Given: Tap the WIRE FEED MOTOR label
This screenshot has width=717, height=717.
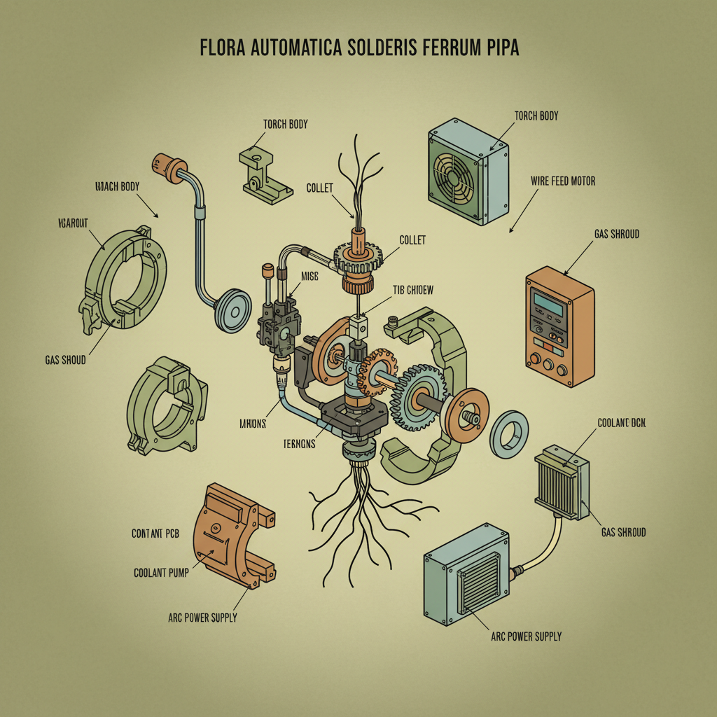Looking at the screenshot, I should pos(563,181).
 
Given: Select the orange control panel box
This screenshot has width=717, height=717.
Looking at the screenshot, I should pos(559,326).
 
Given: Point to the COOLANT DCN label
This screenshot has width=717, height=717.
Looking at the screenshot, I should pos(621,423).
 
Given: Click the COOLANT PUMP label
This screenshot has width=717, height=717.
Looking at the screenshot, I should pos(160,572).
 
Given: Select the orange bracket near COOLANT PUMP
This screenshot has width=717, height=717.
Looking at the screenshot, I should pos(229,533).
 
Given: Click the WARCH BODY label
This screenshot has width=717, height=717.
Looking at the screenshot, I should pos(117,186).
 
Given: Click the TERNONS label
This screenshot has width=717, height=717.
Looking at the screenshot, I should pos(299,444).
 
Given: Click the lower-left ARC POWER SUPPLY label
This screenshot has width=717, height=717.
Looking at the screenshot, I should pos(202,618).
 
